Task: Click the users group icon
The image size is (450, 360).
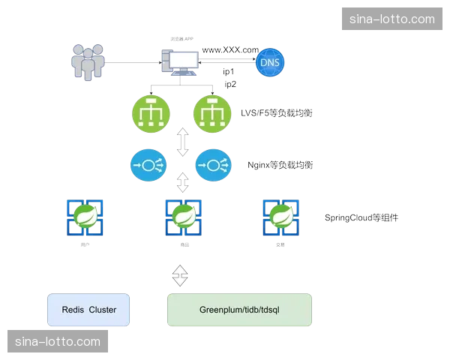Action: point(87,61)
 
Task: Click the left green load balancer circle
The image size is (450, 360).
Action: point(151,113)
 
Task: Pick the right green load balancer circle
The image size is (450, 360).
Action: point(212,113)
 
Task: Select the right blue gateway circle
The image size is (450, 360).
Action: point(212,164)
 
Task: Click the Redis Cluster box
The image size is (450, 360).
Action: point(88,310)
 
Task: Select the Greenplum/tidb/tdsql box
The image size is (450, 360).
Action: point(238,310)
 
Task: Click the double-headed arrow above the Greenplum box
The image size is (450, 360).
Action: point(179,275)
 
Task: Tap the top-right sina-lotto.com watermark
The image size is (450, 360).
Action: point(391,19)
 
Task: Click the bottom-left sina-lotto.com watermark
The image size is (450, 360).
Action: point(57,341)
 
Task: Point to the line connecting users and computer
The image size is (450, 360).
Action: point(132,62)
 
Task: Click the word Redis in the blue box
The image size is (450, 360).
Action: point(72,310)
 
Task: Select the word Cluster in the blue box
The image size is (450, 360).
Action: point(103,310)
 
